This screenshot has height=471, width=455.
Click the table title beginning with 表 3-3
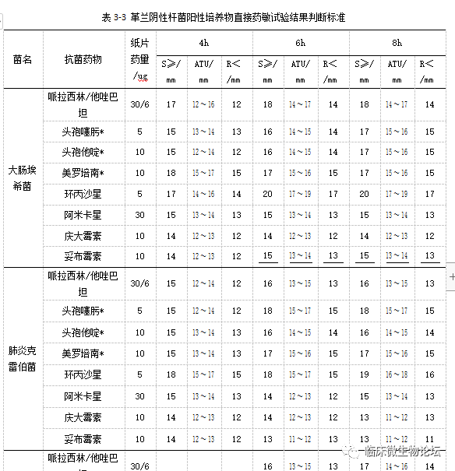(x=227, y=16)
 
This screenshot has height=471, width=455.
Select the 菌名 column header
(x=23, y=59)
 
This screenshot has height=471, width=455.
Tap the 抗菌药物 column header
(x=83, y=59)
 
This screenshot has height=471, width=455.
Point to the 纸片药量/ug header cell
(x=140, y=59)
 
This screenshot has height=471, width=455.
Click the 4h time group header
(x=203, y=42)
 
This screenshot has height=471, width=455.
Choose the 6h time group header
(x=300, y=42)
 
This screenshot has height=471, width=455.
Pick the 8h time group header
(x=397, y=42)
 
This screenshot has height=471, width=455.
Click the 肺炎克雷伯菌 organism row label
(x=23, y=360)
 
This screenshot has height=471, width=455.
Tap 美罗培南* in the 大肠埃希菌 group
(x=83, y=172)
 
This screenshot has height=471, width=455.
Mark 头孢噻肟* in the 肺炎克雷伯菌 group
(x=83, y=311)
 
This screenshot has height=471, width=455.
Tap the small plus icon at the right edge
(x=451, y=276)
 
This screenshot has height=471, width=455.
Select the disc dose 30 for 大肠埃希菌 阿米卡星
(x=140, y=214)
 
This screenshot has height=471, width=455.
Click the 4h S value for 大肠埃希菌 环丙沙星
(x=171, y=193)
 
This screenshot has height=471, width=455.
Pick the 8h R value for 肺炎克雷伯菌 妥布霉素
(x=430, y=439)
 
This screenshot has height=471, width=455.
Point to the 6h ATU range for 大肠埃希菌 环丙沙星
(x=300, y=193)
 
